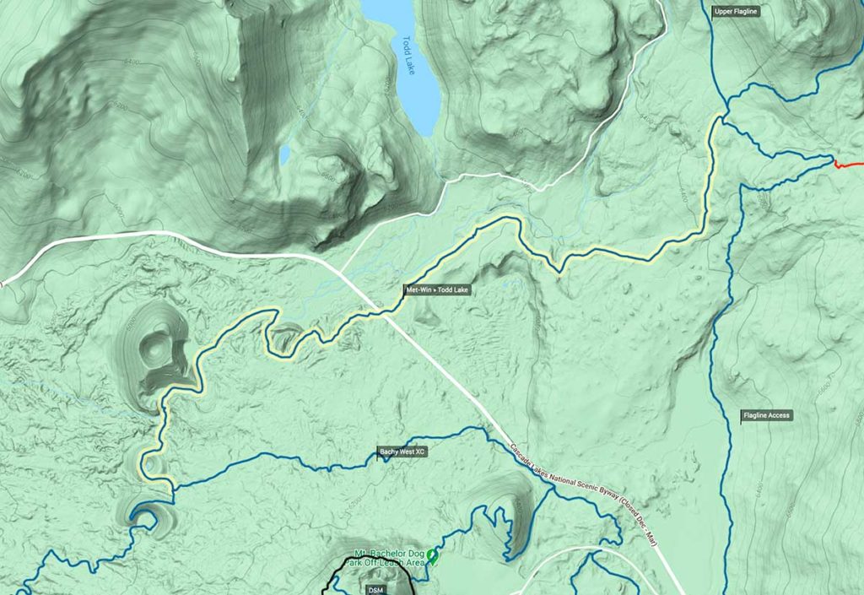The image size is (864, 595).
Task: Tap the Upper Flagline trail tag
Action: [736, 11]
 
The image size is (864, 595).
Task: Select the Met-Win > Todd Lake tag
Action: [436, 290]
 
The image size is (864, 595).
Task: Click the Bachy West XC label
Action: [402, 452]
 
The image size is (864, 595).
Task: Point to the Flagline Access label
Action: [766, 415]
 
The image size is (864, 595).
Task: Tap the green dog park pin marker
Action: [433, 554]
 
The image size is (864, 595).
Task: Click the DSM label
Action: [375, 589]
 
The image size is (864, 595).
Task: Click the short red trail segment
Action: [848, 164]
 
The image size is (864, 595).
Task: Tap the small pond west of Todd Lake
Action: [285, 154]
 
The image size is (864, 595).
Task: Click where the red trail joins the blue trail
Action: [833, 157]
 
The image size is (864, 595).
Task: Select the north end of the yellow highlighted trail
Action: [718, 119]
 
